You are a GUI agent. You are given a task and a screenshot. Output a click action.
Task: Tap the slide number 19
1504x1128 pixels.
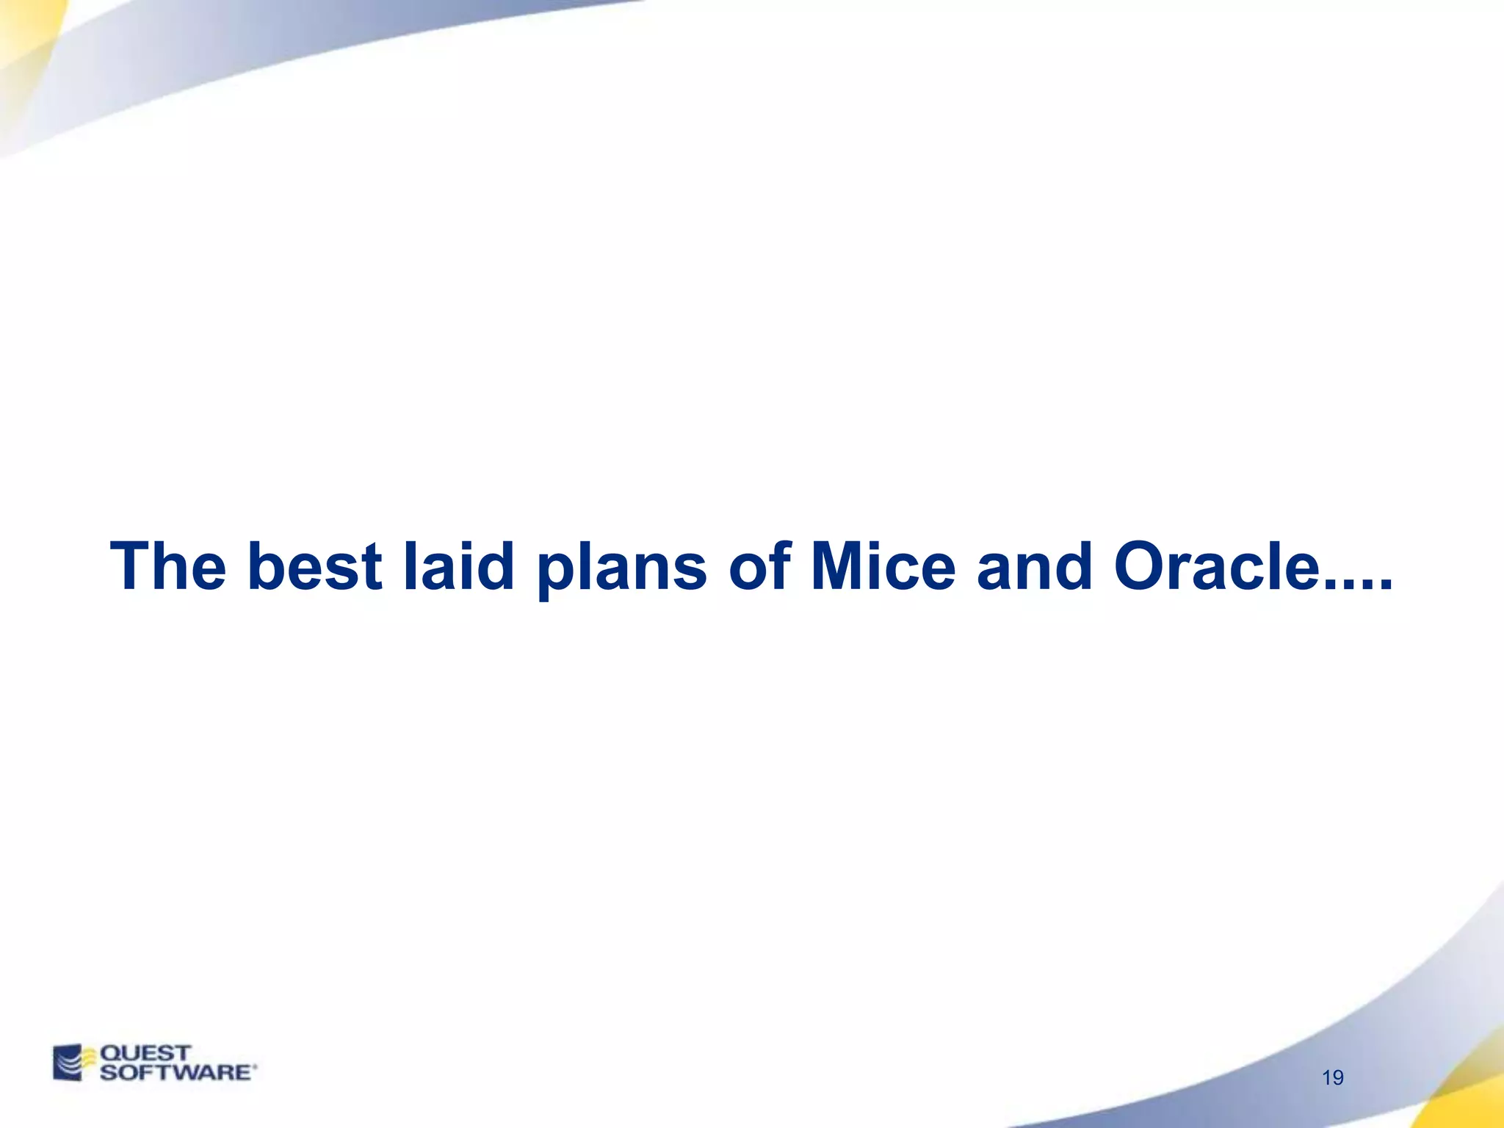pyautogui.click(x=1332, y=1077)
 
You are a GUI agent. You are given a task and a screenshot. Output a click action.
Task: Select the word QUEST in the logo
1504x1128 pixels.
pyautogui.click(x=145, y=1053)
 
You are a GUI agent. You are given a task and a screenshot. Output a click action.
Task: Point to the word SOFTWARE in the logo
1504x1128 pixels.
pyautogui.click(x=175, y=1072)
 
